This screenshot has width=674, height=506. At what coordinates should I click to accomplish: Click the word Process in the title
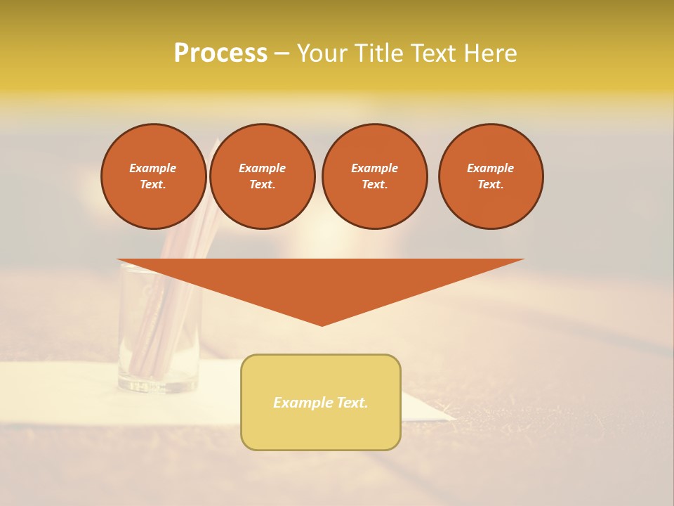coord(220,53)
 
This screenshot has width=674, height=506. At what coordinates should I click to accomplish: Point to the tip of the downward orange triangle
coord(322,324)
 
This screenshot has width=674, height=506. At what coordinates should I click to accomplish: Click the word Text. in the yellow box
coord(353,403)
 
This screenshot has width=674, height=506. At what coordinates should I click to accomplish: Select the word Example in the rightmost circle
coord(490,168)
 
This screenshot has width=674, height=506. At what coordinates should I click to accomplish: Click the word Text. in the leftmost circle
coord(153,184)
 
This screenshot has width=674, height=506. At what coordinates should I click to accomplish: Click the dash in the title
coord(282,53)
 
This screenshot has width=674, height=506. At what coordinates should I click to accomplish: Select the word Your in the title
coord(322,53)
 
